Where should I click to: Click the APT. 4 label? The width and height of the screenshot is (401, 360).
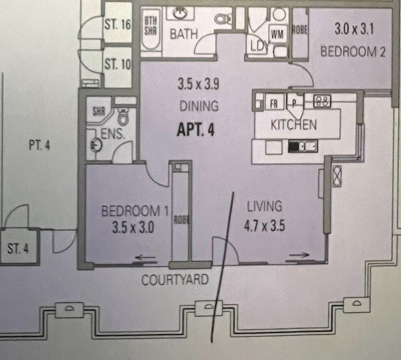tap(196, 131)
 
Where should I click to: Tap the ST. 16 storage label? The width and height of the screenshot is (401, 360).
tap(117, 25)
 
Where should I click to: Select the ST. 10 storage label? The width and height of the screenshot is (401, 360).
tap(117, 63)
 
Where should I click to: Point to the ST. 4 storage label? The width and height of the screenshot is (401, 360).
tap(18, 248)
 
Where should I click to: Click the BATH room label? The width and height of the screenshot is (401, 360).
tap(184, 32)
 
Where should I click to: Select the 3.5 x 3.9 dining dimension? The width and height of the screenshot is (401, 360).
tap(198, 83)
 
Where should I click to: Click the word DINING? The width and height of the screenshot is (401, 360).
tap(199, 105)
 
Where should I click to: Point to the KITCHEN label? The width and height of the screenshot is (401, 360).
tap(293, 125)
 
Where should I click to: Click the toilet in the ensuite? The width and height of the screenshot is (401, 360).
tap(123, 117)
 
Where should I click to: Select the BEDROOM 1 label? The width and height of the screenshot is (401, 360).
tap(135, 211)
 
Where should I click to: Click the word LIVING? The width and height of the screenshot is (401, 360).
tap(264, 206)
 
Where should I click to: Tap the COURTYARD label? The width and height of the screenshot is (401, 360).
tap(175, 280)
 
